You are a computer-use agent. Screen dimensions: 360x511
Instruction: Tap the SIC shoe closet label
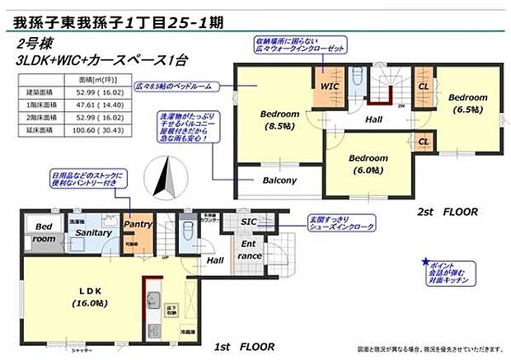click(x=248, y=222)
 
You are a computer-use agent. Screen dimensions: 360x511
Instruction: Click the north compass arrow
click(x=165, y=176)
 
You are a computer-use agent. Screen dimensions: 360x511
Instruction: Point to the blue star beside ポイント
click(x=425, y=261)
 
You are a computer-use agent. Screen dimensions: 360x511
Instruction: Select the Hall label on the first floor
click(x=215, y=260)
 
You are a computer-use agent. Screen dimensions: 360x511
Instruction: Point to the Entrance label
click(x=251, y=250)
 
